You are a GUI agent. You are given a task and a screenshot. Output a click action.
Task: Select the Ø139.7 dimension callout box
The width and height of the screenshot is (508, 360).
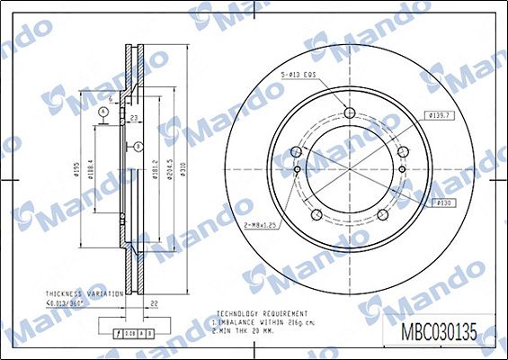pos(440,116)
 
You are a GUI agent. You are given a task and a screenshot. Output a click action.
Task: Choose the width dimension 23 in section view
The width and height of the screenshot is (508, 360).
pos(132,117)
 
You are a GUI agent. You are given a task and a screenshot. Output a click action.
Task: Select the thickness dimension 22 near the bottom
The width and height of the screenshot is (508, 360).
pos(154,303)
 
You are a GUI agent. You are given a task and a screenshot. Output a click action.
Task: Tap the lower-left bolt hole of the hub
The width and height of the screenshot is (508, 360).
pos(316,214)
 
